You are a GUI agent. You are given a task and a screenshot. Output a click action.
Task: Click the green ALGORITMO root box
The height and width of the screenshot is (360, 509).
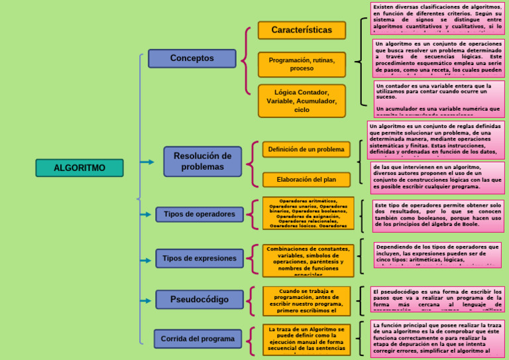(x=79, y=168)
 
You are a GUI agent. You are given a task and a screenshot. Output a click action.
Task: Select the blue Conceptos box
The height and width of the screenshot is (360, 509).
(x=192, y=58)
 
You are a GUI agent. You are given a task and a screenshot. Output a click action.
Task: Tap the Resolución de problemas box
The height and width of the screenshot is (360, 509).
(x=202, y=161)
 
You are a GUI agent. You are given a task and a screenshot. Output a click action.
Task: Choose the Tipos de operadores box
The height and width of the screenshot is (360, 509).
(x=199, y=214)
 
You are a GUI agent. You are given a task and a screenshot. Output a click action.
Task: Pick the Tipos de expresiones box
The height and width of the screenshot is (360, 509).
(x=199, y=259)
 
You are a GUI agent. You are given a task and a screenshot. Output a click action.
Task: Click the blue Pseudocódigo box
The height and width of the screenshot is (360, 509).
(x=199, y=300)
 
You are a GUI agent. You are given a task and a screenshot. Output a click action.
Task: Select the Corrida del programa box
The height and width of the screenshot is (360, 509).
(x=198, y=339)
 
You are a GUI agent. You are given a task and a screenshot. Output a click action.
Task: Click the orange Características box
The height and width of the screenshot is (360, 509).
(x=302, y=30)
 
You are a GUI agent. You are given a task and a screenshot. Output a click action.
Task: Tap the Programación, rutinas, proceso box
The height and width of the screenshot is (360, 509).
(x=302, y=64)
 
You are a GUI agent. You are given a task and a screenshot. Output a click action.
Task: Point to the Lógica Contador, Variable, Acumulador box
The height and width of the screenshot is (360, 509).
(x=302, y=101)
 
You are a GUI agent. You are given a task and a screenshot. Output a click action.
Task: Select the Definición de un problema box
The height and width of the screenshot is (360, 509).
(x=306, y=149)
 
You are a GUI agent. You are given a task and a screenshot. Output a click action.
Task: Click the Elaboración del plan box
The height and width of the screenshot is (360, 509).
(x=306, y=180)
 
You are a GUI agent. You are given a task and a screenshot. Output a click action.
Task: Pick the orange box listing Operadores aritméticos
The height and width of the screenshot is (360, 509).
(x=308, y=213)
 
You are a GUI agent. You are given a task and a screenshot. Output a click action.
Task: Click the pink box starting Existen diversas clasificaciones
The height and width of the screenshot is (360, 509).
(x=437, y=18)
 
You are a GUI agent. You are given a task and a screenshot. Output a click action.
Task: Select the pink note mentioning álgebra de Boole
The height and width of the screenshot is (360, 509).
(x=437, y=215)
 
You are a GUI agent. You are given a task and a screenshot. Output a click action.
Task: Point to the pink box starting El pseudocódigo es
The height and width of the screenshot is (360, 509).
(x=437, y=300)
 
